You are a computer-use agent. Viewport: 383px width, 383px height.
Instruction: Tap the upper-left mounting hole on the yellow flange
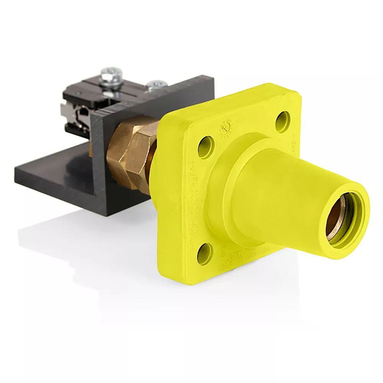[206, 147]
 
